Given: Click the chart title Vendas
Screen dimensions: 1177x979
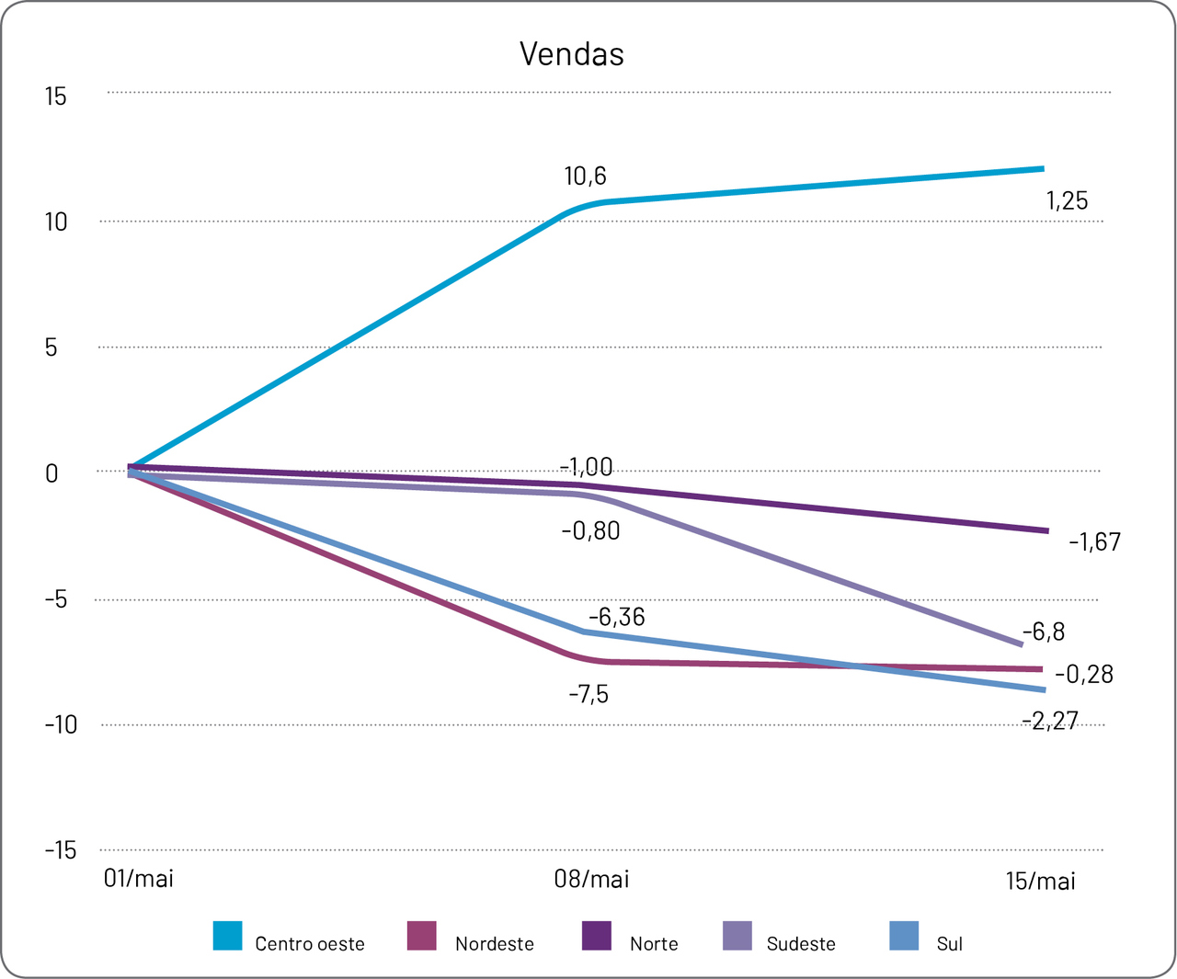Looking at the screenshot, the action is (571, 54).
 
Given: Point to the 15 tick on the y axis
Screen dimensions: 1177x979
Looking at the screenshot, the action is (56, 97).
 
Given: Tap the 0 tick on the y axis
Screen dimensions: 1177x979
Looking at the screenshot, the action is (51, 473).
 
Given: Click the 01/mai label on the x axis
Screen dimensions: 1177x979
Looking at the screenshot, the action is (139, 879).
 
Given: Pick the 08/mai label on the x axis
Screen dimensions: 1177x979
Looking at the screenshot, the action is (591, 880).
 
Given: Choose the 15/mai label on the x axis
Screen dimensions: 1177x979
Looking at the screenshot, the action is (1040, 882).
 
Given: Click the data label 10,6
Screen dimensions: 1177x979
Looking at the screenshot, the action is (585, 176).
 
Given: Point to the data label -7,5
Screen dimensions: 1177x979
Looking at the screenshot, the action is (588, 694).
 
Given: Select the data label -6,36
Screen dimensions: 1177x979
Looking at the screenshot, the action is (616, 617).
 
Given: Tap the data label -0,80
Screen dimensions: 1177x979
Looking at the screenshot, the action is (590, 531).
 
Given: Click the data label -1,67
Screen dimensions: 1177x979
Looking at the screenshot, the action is (1094, 542).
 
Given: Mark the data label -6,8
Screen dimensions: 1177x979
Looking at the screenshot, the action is (1044, 632).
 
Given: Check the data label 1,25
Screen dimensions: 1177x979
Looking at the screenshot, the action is (1067, 201).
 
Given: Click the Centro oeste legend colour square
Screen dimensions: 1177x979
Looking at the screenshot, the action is (227, 936).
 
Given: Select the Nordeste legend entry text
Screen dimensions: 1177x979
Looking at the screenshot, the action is (494, 944).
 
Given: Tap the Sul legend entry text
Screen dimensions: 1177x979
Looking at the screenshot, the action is (949, 944).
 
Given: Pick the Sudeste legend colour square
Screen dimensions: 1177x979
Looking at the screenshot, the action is (737, 936).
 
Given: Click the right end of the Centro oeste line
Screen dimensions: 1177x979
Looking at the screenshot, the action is (1042, 169).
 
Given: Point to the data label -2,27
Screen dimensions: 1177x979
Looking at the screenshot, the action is (1049, 721).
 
